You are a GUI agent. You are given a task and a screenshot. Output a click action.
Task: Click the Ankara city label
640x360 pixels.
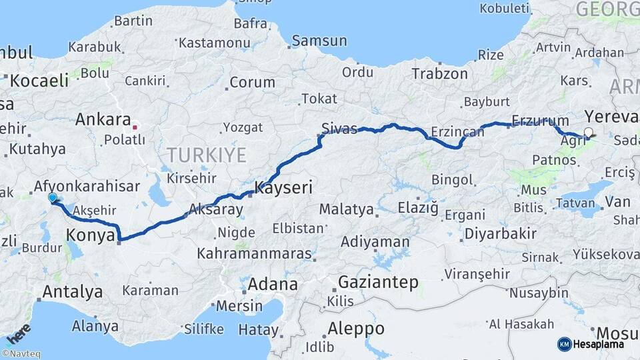pyautogui.click(x=103, y=120)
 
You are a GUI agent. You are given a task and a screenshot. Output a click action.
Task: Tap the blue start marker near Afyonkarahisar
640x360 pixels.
pyautogui.click(x=53, y=197)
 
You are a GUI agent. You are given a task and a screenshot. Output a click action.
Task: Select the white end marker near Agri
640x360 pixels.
pyautogui.click(x=589, y=132)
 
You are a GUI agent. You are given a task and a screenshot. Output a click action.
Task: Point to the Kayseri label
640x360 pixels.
pyautogui.click(x=283, y=187)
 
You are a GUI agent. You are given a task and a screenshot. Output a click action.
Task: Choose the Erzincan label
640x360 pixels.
pyautogui.click(x=457, y=131)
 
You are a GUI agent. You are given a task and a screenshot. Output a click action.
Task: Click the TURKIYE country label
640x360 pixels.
pyautogui.click(x=207, y=155)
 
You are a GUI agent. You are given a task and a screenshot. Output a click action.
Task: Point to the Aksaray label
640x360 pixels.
pyautogui.click(x=216, y=209)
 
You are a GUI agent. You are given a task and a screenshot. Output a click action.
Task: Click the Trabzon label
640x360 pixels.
pyautogui.click(x=439, y=73)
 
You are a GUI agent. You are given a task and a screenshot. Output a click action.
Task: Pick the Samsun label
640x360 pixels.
pyautogui.click(x=319, y=41)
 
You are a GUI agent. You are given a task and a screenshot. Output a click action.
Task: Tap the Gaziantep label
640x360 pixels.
pyautogui.click(x=378, y=282)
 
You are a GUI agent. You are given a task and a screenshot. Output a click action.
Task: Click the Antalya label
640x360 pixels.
pyautogui.click(x=72, y=291)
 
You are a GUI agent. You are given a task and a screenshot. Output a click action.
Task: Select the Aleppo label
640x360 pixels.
pyautogui.click(x=356, y=329)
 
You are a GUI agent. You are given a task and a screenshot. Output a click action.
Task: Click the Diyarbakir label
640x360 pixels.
pyautogui.click(x=500, y=233)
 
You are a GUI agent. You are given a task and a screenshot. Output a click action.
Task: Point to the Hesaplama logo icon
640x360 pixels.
pyautogui.click(x=564, y=344)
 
